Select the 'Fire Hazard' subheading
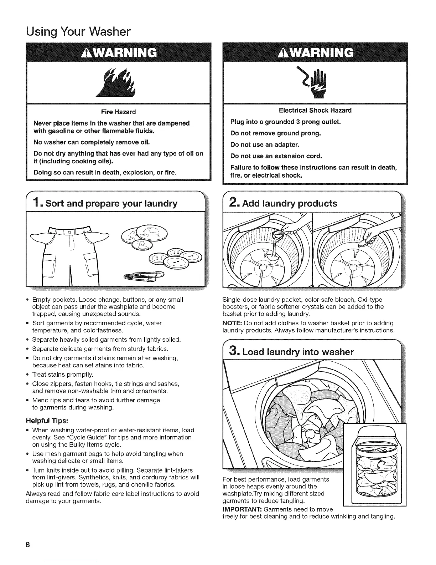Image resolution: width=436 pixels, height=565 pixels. (113, 112)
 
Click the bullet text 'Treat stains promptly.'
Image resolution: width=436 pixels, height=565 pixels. (63, 375)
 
